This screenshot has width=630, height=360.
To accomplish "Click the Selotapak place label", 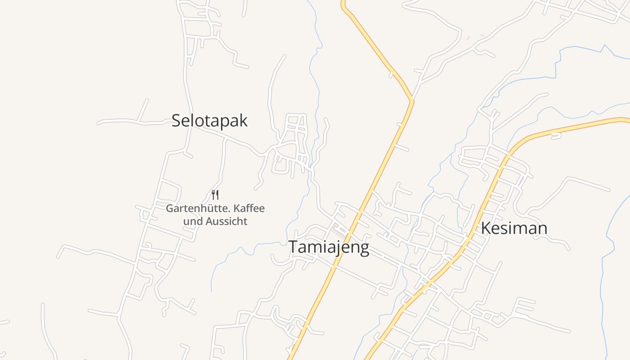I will (210, 121).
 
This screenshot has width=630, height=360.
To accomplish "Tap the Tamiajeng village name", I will (328, 247).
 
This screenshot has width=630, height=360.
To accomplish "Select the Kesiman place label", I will (514, 228).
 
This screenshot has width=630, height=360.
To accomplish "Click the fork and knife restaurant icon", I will (215, 194).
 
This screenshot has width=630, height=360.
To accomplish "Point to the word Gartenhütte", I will (193, 209).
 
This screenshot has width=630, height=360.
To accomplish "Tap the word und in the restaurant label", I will (193, 221).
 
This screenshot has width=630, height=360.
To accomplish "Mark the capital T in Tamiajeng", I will (293, 247).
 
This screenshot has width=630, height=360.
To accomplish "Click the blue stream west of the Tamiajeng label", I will (252, 245).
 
